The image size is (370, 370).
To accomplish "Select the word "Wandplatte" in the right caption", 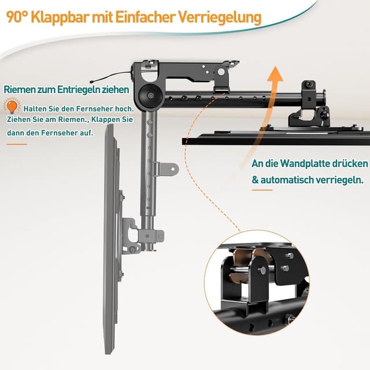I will click(304, 164).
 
